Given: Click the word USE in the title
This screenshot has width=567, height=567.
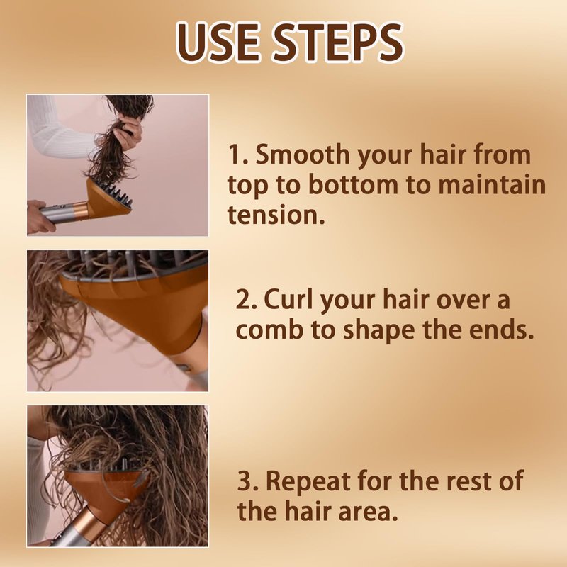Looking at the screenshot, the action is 218,43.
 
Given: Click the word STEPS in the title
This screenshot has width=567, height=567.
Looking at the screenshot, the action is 337,43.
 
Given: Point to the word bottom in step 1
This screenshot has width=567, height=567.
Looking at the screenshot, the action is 353,184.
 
